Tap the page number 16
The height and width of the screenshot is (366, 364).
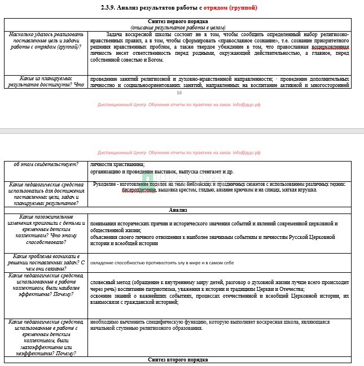(x=179, y=93)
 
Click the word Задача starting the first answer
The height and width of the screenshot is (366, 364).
(x=116, y=34)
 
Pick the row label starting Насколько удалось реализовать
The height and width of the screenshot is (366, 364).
(x=45, y=41)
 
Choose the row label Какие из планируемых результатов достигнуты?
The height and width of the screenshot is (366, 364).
(x=45, y=82)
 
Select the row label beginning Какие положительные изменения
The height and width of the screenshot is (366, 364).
(x=45, y=229)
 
